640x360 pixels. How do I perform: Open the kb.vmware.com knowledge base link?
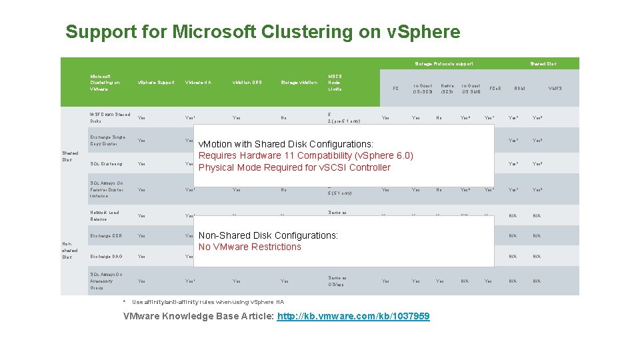[353, 316]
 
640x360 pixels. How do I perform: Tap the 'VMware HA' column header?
[198, 83]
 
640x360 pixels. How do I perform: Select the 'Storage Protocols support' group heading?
[444, 64]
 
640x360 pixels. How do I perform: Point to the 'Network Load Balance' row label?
[104, 216]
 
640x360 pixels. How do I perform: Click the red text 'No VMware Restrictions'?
[249, 247]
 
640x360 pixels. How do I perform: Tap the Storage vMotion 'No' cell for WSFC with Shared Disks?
[284, 118]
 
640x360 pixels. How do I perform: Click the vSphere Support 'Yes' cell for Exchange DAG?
[141, 257]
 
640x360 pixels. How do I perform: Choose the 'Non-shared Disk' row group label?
[69, 250]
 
